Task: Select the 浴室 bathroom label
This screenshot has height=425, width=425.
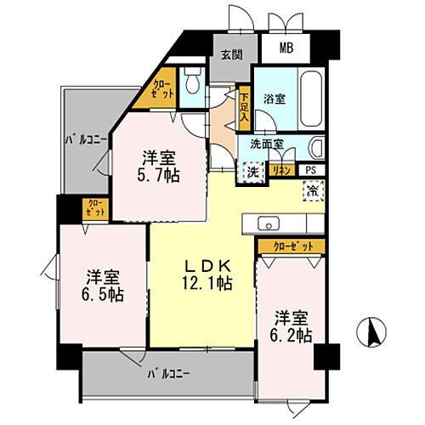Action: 274,99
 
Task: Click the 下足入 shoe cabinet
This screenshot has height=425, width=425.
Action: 244,106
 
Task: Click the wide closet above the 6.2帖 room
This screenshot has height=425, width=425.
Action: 292,246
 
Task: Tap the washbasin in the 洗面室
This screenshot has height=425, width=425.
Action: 318,148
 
